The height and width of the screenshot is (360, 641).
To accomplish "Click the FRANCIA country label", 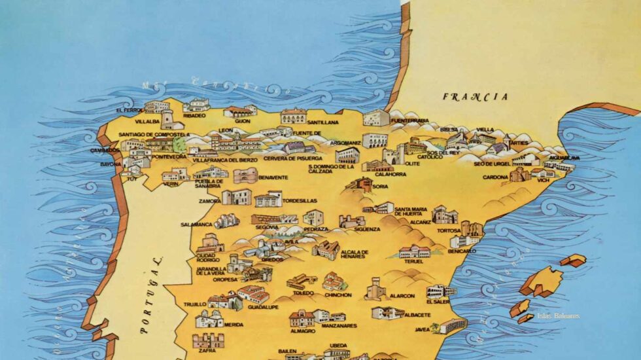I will (x=475, y=97).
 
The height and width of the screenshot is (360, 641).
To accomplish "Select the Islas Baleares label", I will (x=558, y=316).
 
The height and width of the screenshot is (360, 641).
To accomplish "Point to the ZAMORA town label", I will (x=209, y=202).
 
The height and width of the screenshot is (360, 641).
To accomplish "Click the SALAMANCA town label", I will (x=197, y=225).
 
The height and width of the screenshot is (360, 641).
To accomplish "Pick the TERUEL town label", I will (x=415, y=261).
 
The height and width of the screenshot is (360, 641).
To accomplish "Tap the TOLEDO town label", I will (x=303, y=293).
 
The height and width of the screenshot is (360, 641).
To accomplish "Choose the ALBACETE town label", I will (x=417, y=315).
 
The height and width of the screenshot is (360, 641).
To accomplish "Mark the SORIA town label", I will (x=380, y=187).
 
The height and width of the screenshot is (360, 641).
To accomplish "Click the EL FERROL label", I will (x=129, y=111).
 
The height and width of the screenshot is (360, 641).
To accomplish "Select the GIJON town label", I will (x=243, y=121).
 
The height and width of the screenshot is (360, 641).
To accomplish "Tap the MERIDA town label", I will (x=234, y=324).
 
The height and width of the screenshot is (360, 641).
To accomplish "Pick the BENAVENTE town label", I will (x=273, y=177).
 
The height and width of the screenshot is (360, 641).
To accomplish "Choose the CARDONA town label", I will (x=495, y=177).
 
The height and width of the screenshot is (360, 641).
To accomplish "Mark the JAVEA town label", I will (x=423, y=329).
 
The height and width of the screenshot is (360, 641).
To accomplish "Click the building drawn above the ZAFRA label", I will (x=208, y=340).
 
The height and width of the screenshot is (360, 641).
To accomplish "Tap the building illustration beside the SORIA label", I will (x=359, y=184).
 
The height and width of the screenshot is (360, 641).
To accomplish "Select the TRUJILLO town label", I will (x=195, y=304).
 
